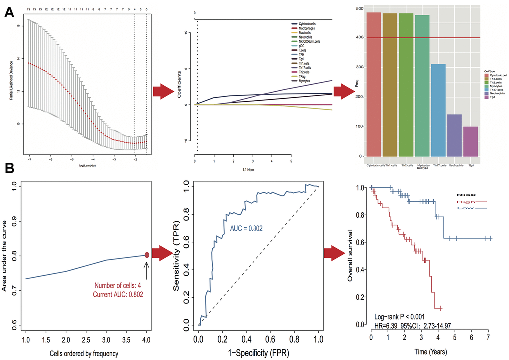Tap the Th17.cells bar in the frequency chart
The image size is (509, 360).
(x=439, y=110)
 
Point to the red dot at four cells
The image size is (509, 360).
(x=147, y=255)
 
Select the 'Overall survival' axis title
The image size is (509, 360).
(x=351, y=256)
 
